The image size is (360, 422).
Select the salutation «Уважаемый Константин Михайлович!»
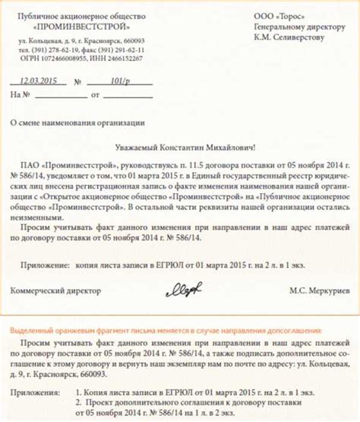(180, 148)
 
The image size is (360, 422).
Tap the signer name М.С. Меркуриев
(318, 290)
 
